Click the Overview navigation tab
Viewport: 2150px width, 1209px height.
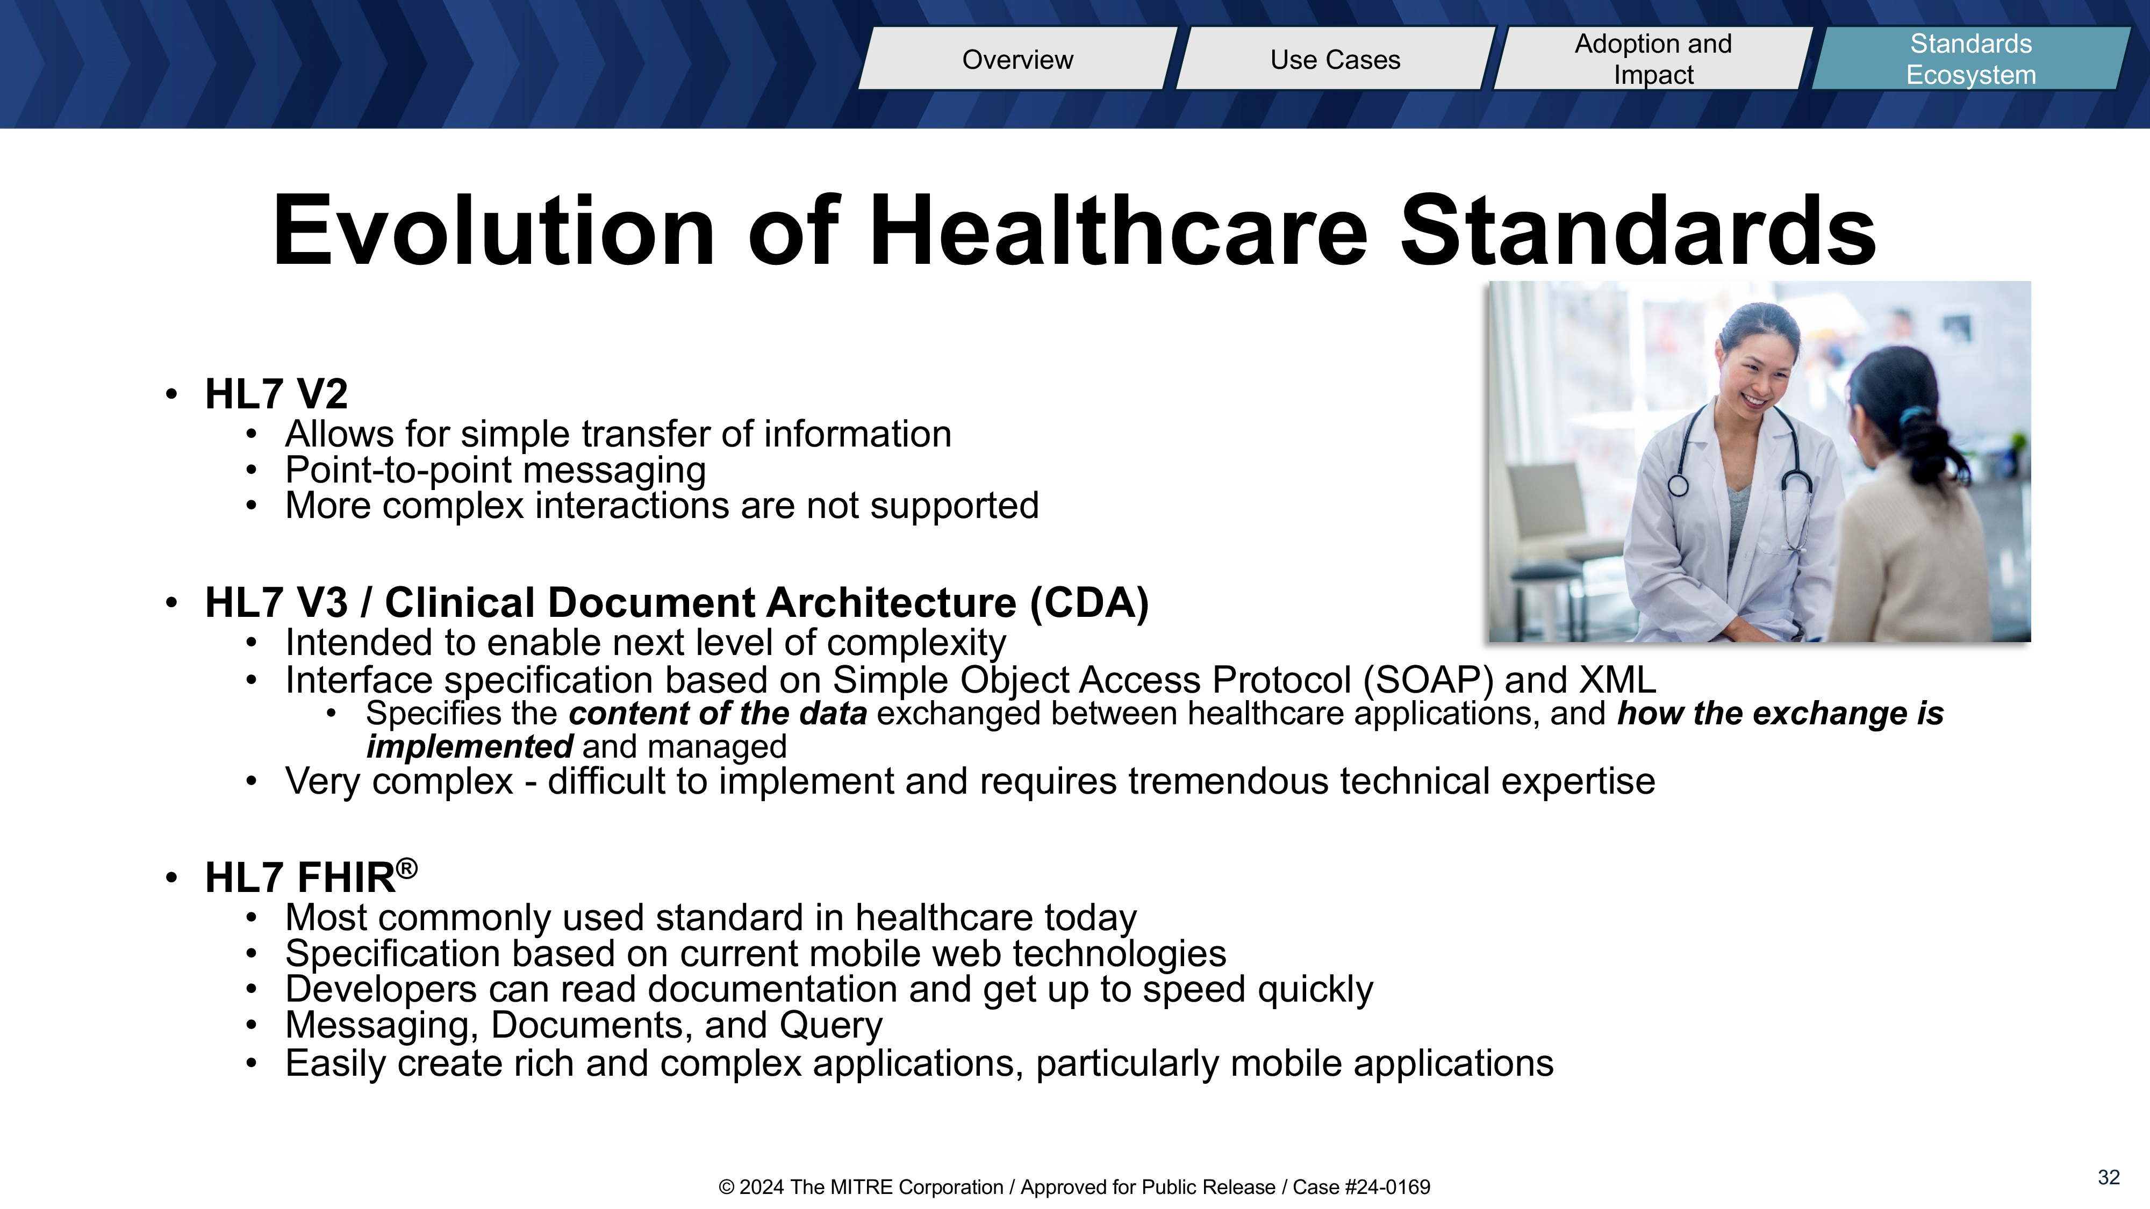(x=1017, y=59)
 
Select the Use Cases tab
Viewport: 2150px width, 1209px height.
(x=1335, y=59)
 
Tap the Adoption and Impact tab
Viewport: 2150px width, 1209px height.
(x=1653, y=59)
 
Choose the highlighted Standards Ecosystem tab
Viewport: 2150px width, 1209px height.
(x=1970, y=59)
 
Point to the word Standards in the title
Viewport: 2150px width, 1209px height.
(x=1638, y=231)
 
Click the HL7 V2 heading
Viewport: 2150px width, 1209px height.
(x=276, y=394)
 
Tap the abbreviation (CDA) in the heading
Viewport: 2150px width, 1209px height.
(x=1089, y=603)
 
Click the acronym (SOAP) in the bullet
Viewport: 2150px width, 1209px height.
(x=1428, y=680)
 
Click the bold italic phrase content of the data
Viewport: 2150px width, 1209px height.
(x=718, y=714)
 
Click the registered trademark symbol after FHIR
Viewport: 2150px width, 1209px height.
(x=406, y=868)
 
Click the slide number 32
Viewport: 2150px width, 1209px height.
(x=2108, y=1177)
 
